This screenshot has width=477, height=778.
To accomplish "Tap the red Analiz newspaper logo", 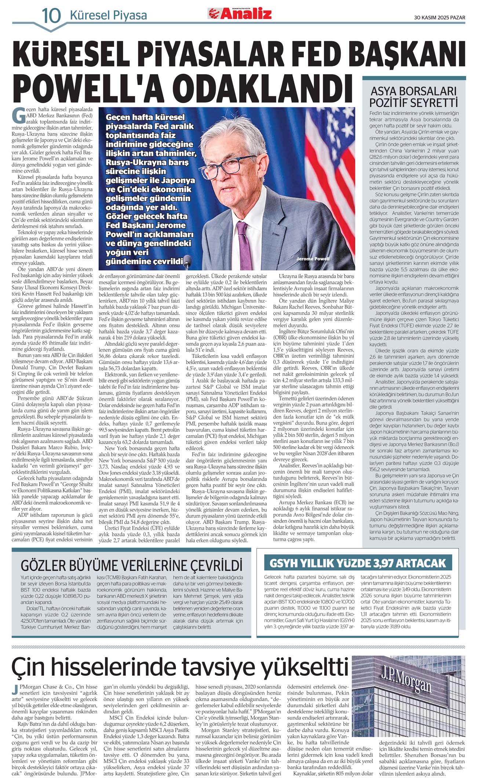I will point(240,14).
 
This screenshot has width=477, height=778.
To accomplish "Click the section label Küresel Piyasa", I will point(108,15).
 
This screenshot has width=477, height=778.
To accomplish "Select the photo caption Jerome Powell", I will point(313,259).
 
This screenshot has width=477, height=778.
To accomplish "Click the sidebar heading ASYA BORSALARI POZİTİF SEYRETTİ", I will point(414,97).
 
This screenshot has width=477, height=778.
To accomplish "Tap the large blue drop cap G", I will point(19,115).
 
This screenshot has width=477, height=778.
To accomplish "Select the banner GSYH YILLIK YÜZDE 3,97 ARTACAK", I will point(357,563).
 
